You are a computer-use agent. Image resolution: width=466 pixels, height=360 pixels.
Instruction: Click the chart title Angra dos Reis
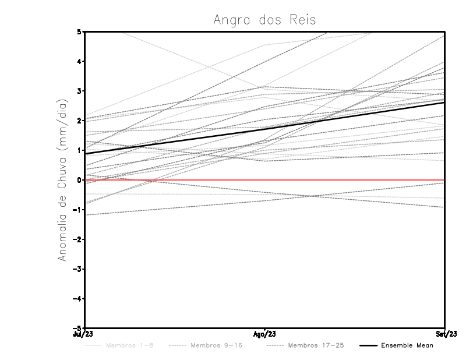[x=264, y=20]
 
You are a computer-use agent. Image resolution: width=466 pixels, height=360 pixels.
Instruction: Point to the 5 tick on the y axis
[x=79, y=31]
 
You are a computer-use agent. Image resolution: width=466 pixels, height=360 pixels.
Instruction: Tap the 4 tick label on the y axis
[x=79, y=61]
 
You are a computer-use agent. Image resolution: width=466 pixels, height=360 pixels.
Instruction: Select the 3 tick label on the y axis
[x=79, y=91]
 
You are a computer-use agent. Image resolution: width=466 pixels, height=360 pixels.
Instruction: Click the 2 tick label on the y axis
[x=79, y=121]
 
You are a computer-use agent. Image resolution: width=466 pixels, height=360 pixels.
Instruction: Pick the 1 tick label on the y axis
[x=79, y=150]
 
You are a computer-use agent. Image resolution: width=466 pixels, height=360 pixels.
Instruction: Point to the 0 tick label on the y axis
[x=79, y=180]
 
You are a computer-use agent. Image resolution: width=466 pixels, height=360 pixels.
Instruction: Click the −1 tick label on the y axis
[x=77, y=210]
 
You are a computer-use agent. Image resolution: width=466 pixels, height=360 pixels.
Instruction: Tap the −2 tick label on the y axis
[x=77, y=239]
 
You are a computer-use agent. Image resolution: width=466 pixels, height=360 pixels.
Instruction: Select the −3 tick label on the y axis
[x=77, y=269]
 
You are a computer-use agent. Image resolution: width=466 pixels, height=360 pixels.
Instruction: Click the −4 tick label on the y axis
[x=77, y=299]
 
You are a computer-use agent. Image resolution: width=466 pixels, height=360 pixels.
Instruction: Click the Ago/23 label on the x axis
[x=265, y=334]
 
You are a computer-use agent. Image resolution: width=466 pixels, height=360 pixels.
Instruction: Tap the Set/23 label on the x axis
[x=445, y=334]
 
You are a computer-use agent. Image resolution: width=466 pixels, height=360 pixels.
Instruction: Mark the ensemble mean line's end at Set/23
[x=444, y=103]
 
